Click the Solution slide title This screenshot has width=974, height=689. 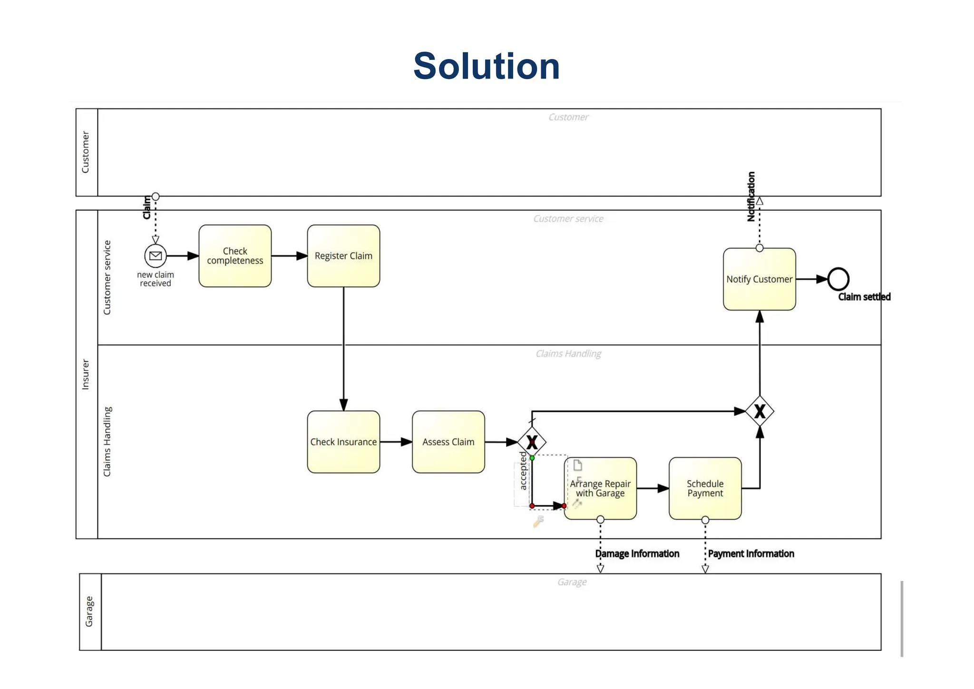point(486,66)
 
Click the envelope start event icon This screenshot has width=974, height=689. point(156,256)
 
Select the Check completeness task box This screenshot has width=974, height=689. point(235,256)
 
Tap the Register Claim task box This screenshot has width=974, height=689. point(343,256)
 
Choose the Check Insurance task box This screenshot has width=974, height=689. point(343,442)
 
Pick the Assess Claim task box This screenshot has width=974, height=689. point(448,442)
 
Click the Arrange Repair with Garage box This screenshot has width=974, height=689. point(600,489)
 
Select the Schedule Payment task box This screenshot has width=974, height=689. point(705,489)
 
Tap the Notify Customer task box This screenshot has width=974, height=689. point(759,279)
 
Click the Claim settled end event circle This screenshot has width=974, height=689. point(838,279)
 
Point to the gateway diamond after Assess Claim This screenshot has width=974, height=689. point(532,442)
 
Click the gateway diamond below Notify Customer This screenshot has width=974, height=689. point(760,411)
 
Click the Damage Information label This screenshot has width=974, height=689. point(637,554)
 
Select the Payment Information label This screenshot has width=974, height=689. point(750,554)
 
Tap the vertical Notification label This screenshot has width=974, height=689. point(751,197)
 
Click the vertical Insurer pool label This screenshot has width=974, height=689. point(86,374)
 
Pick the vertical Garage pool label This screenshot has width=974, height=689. point(89,612)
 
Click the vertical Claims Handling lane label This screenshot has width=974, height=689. point(107,442)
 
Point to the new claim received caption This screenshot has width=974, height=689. point(156,279)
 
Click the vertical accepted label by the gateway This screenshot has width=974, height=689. point(523,471)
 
